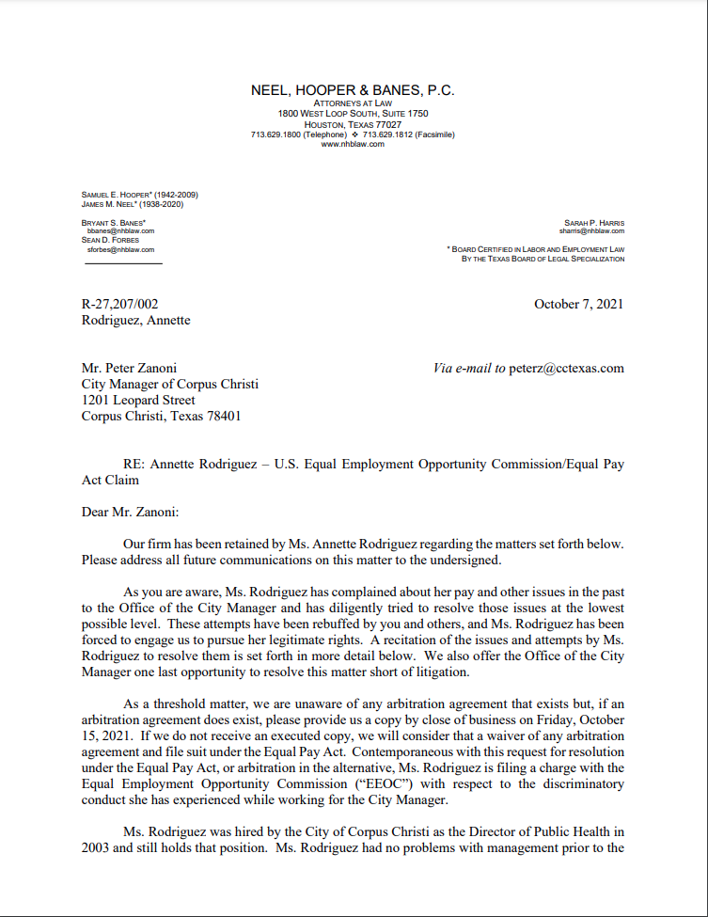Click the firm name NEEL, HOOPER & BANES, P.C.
[353, 90]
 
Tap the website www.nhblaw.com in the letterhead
[353, 144]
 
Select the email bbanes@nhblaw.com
[120, 230]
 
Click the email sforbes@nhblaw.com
[120, 250]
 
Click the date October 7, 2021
[578, 304]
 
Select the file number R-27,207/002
[120, 304]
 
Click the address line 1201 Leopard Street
[138, 400]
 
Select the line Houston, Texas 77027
[353, 124]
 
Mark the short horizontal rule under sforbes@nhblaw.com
[123, 263]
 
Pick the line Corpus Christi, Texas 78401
[161, 416]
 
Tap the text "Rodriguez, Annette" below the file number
[135, 320]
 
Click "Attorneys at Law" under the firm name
[353, 103]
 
